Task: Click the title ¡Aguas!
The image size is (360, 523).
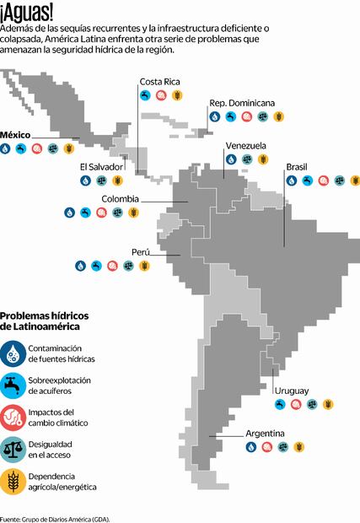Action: (27, 13)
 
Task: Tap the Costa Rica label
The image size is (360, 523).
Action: (159, 82)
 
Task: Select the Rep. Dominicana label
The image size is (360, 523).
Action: (242, 103)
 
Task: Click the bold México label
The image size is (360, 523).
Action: (18, 135)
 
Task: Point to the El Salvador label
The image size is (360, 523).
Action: (100, 166)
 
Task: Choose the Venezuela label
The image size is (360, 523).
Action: (245, 145)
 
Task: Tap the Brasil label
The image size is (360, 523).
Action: (296, 167)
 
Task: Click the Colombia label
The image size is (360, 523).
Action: (120, 199)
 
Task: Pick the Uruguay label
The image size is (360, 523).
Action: (291, 391)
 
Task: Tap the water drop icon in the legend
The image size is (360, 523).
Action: (13, 353)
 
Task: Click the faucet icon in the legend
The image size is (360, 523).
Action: (13, 386)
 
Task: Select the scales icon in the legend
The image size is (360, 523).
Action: (13, 450)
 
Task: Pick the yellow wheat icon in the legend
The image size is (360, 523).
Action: (13, 482)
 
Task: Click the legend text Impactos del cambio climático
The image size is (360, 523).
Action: (58, 417)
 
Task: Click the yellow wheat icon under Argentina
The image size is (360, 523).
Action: (298, 447)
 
